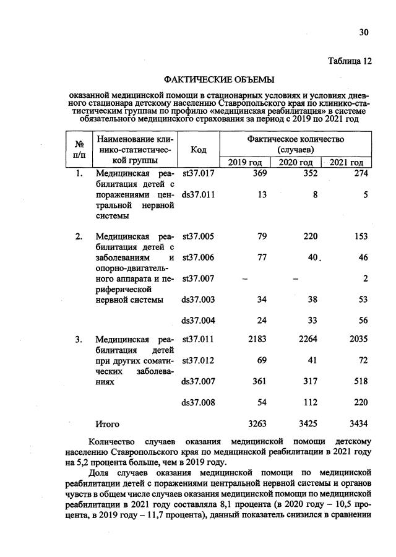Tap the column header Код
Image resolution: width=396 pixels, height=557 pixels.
click(199, 150)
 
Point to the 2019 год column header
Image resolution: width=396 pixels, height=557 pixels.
click(245, 162)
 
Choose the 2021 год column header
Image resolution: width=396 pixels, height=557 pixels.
click(346, 162)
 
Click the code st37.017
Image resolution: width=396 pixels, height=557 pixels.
click(199, 174)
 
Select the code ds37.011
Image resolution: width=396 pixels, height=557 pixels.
click(199, 194)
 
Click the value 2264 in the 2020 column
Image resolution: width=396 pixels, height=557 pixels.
click(308, 339)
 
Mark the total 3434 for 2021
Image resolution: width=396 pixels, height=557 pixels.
click(358, 425)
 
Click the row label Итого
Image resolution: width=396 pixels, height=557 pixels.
click(107, 425)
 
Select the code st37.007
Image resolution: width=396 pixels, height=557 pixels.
click(199, 278)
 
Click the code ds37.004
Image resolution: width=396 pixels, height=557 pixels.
click(199, 320)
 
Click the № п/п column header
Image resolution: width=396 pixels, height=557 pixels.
click(79, 150)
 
